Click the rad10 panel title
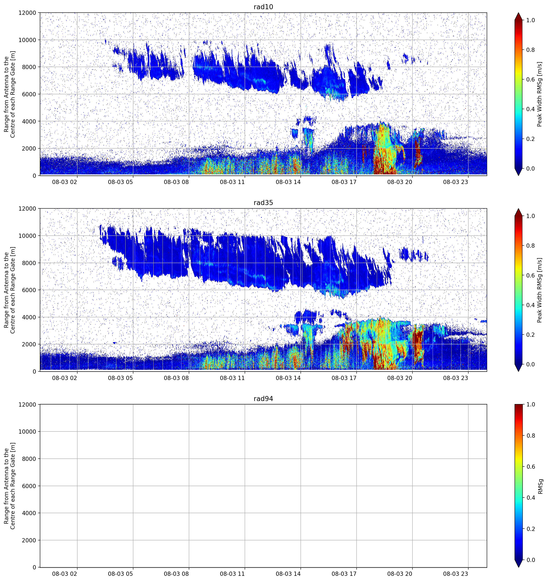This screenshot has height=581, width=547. [263, 7]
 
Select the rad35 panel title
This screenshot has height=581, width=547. [263, 203]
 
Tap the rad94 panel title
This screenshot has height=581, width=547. [263, 399]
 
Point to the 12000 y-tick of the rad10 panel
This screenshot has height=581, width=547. [27, 13]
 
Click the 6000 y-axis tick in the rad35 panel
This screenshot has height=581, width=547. [29, 290]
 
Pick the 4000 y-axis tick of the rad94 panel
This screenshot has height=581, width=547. [29, 513]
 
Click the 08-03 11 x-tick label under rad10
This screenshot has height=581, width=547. [232, 182]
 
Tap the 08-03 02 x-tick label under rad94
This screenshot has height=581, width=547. [65, 574]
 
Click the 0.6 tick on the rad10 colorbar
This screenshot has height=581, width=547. [531, 79]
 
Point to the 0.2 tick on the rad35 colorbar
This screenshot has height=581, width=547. [531, 335]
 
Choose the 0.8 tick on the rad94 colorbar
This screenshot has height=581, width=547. [531, 436]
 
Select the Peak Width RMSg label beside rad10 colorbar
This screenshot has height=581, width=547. [540, 94]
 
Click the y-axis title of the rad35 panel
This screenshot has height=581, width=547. [9, 290]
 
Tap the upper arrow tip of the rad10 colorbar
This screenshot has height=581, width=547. [519, 13]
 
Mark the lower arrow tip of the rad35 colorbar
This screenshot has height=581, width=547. [519, 371]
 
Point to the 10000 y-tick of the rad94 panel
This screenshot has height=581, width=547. [27, 432]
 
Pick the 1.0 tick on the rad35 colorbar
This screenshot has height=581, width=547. [531, 216]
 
